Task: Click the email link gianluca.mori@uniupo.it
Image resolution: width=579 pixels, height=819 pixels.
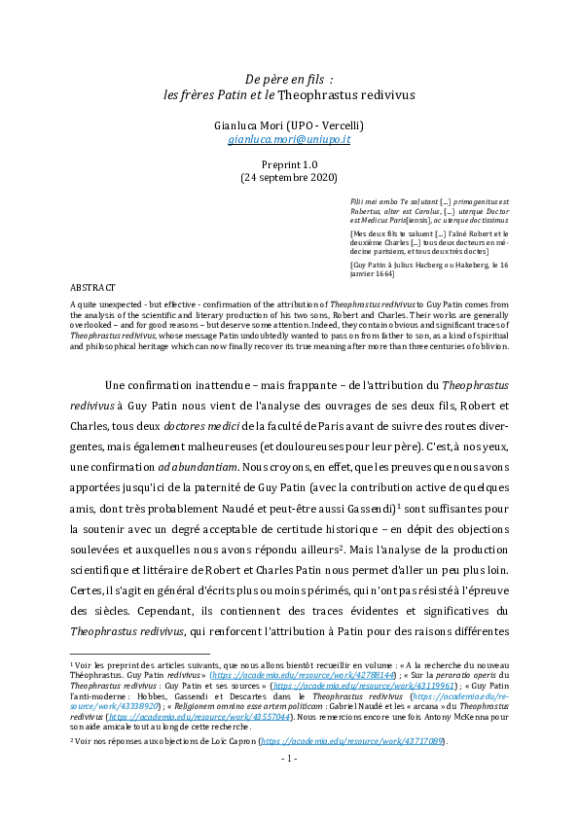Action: coord(289,140)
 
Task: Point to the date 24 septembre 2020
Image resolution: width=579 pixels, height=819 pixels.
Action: coord(289,178)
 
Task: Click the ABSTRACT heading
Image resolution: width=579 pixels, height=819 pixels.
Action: coord(93,289)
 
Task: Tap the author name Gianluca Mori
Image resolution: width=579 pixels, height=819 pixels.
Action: coord(252,125)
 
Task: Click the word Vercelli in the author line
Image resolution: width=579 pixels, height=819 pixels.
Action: coord(340,125)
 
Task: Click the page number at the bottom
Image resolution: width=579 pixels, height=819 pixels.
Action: coord(289,783)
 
